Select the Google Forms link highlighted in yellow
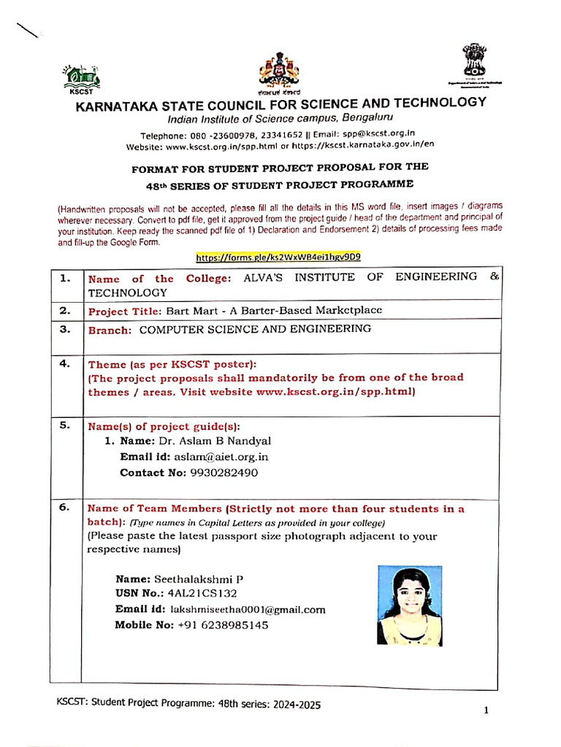[x=278, y=258]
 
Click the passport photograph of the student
[x=410, y=605]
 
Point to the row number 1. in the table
[x=66, y=278]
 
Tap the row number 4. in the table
[x=66, y=363]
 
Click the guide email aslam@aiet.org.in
[x=221, y=457]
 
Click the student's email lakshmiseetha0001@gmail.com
[x=248, y=610]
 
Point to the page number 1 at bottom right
[x=485, y=711]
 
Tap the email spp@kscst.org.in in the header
[x=380, y=134]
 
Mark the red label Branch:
[x=110, y=330]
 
